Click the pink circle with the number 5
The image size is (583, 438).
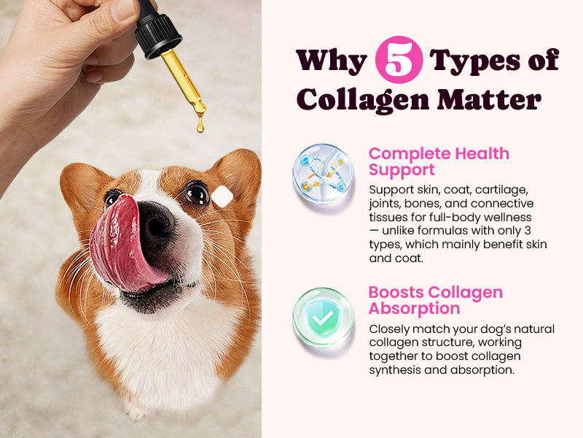(399, 60)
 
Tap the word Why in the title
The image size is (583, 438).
(332, 61)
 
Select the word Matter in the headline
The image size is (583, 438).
(489, 99)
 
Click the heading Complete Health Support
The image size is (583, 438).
(439, 161)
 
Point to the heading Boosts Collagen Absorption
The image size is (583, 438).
(435, 300)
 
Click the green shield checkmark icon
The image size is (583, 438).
(323, 318)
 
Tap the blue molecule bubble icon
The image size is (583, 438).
(323, 174)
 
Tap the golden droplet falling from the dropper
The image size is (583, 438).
(200, 125)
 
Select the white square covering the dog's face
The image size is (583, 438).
(222, 196)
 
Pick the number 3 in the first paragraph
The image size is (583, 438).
(528, 231)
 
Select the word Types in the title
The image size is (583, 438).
(474, 61)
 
